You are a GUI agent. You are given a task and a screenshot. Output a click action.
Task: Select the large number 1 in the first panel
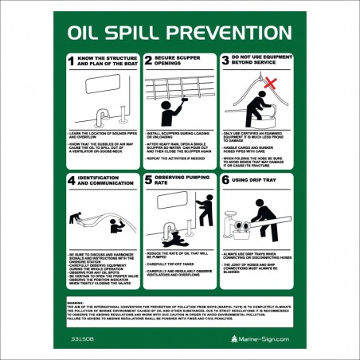tap(72, 61)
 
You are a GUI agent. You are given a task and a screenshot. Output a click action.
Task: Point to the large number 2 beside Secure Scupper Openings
tap(147, 61)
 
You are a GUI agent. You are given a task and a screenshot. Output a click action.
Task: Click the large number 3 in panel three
tap(225, 61)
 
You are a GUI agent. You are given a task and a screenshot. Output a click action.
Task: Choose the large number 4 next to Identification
tap(72, 180)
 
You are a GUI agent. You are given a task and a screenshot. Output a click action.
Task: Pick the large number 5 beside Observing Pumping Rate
tap(147, 180)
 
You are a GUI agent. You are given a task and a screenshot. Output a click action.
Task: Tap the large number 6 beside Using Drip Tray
tap(225, 180)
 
